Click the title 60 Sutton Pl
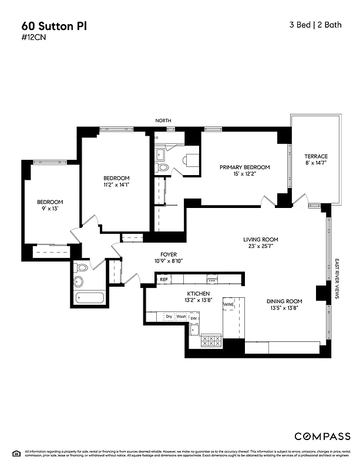(x=51, y=26)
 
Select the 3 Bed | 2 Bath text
(x=315, y=25)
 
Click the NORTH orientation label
(x=163, y=120)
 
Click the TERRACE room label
(x=315, y=156)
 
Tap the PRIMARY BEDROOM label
(x=245, y=167)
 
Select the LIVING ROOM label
(x=261, y=240)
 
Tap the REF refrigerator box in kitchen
(x=164, y=280)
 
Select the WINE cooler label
(x=228, y=305)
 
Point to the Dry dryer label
(x=169, y=317)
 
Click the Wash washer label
(x=181, y=317)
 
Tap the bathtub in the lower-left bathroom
(x=90, y=298)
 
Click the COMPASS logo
(x=322, y=436)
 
